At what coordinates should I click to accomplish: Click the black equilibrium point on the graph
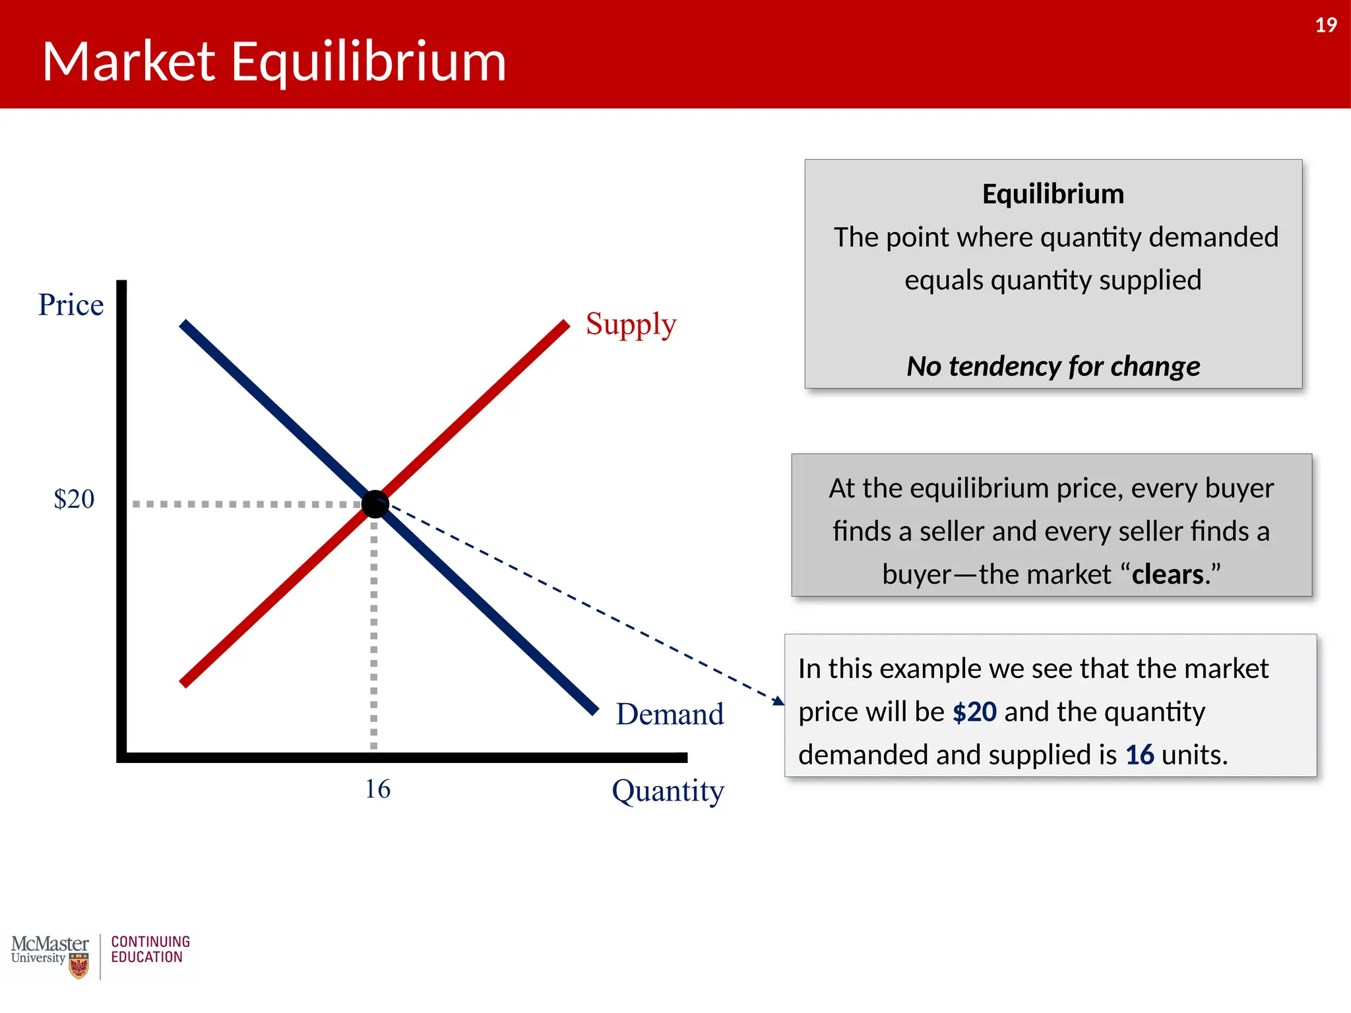tap(375, 504)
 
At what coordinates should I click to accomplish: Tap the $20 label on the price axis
tap(74, 499)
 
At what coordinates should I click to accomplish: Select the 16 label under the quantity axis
tap(378, 789)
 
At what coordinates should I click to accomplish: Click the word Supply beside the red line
tap(631, 324)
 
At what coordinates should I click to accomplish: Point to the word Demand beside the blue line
tap(670, 714)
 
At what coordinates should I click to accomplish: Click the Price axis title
tap(71, 305)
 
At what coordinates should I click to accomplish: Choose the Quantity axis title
tap(668, 791)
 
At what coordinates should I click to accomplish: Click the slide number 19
tap(1325, 25)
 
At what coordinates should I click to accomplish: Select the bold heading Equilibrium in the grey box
tap(1053, 194)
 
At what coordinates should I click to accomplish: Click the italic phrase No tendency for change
tap(1053, 366)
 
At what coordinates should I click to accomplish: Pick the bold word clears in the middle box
tap(1168, 574)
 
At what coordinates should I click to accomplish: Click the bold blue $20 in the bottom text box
tap(974, 712)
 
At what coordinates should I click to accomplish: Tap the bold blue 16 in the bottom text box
tap(1139, 755)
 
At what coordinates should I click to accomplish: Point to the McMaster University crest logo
tap(79, 966)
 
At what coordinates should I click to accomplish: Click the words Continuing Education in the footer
tap(150, 950)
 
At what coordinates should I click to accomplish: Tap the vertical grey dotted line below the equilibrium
tap(374, 627)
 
